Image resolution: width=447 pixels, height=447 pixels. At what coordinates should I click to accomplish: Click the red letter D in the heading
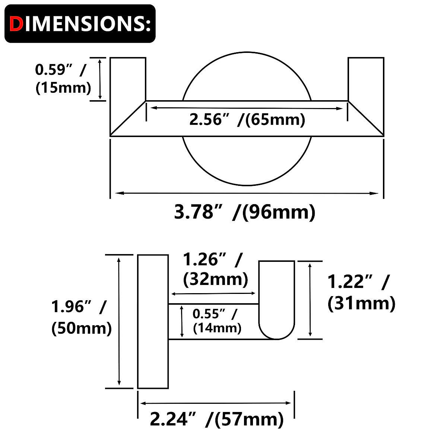coord(16,24)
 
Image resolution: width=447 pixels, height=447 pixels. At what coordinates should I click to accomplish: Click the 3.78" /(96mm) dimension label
coord(245,212)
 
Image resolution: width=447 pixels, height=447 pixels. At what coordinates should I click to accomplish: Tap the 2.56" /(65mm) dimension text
coord(247,120)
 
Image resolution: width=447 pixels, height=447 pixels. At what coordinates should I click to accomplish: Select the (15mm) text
coord(63,88)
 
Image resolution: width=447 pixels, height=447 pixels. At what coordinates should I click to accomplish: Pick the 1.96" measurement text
coord(71,307)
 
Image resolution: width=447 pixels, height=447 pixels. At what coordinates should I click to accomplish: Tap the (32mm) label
coord(216,279)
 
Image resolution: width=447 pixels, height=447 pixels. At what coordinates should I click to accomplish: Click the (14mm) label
coord(217,328)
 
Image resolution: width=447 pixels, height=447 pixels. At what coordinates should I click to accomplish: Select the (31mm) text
coord(361,303)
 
